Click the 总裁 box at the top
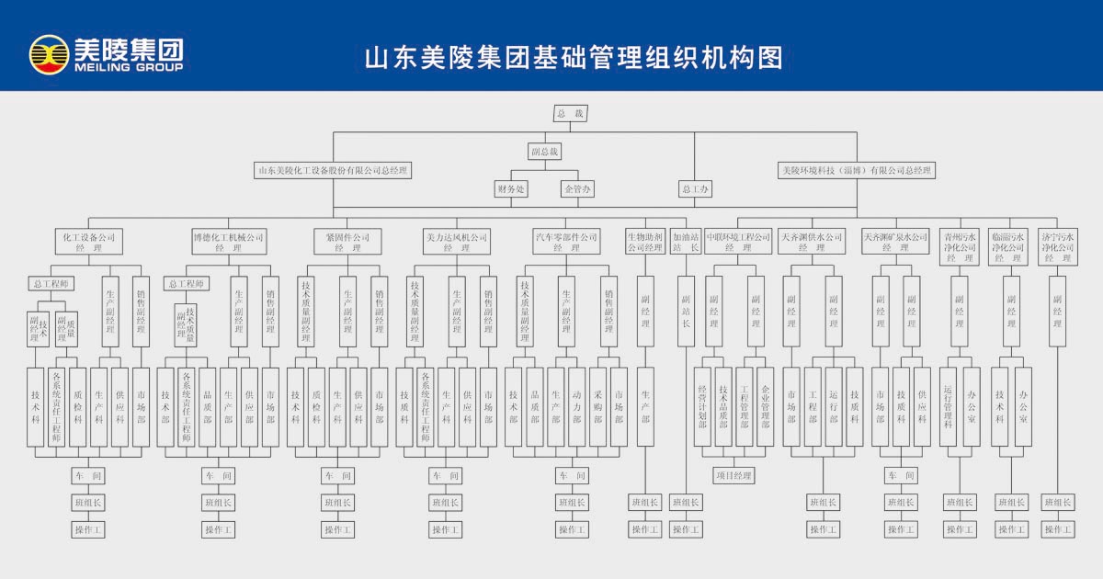(570, 113)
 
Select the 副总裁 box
(545, 151)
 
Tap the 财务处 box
(511, 189)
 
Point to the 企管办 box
(578, 189)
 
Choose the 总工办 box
(695, 189)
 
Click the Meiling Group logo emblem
(49, 54)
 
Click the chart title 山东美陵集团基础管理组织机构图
(574, 58)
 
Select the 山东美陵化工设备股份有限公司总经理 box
(332, 170)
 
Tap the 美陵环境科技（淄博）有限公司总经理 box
(857, 170)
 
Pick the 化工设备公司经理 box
(89, 242)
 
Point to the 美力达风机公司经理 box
(456, 242)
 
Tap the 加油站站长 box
(686, 242)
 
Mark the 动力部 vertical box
(576, 406)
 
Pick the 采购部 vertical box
(597, 406)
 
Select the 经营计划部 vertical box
(703, 406)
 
